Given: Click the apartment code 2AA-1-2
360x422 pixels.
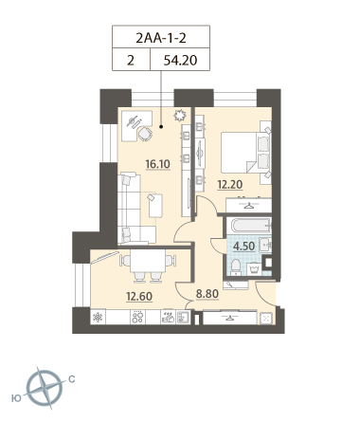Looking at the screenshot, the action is coord(161,38).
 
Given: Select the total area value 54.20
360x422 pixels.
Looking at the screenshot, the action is coord(180,60).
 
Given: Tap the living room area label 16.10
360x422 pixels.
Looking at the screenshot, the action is coord(157,164).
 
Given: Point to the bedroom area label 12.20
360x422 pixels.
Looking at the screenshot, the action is coord(230,184).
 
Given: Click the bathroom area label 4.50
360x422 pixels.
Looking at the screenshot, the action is coord(243,246).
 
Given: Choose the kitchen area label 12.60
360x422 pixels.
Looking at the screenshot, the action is coord(139,296).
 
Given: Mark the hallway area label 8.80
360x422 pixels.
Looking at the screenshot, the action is coord(207,294).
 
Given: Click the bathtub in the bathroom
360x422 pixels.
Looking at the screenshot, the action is coord(251,226).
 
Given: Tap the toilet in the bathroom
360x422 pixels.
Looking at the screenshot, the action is coord(236,266).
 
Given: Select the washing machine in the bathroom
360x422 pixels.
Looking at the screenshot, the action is coord(254,269).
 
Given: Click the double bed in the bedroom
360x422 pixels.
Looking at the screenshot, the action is coord(245,153).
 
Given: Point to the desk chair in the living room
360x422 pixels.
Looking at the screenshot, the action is coord(145,134).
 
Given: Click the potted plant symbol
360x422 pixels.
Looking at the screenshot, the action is coord(179,116).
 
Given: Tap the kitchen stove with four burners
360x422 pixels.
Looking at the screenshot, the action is coord(138,317).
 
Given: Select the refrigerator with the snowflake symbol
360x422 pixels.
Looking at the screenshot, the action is coord(98,317).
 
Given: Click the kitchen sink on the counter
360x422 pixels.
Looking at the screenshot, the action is coord(182,317).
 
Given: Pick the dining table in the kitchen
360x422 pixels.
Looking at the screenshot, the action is coord(148,261).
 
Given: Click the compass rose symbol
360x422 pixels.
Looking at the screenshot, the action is coord(45,388).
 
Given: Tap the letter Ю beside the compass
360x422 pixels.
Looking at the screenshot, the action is coord(16,398).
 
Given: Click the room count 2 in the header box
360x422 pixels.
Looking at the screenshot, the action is coord(131,60).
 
